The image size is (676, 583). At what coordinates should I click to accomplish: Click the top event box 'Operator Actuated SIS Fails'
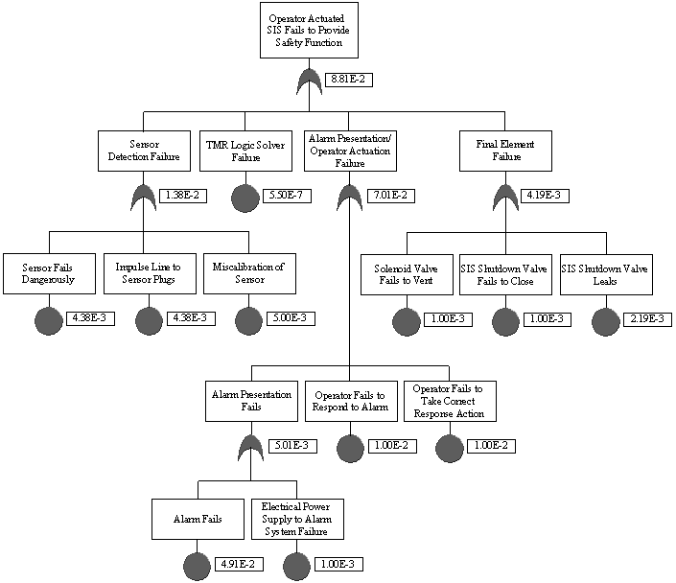tap(308, 31)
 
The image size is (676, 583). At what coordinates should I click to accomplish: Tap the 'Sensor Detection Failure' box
tap(144, 151)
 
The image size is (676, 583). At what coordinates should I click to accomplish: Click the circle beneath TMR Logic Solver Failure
tap(245, 198)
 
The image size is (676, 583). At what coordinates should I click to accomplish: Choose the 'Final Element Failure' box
tap(505, 151)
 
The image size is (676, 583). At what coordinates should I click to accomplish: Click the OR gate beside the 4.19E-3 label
tap(506, 197)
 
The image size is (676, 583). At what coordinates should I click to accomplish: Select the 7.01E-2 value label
tap(389, 196)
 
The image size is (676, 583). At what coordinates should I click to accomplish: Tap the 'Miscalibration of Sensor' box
tap(247, 273)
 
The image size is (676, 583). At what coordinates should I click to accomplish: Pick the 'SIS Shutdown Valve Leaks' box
tap(606, 273)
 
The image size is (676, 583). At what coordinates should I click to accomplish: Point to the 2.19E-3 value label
tap(647, 318)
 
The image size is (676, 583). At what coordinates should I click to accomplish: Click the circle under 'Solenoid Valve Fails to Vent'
tap(407, 321)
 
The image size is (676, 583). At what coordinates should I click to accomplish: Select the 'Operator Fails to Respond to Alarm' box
tap(350, 401)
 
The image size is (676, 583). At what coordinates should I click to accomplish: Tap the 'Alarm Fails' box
tap(198, 519)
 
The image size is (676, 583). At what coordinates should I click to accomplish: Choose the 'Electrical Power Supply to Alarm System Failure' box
tap(296, 519)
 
